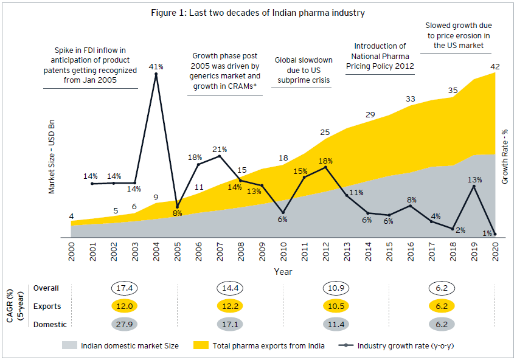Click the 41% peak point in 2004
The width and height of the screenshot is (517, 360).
click(x=156, y=74)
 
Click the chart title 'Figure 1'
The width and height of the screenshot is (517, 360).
click(x=258, y=13)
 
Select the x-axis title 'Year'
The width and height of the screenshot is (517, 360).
click(x=283, y=271)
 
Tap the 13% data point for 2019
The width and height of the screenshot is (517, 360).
click(x=474, y=187)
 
